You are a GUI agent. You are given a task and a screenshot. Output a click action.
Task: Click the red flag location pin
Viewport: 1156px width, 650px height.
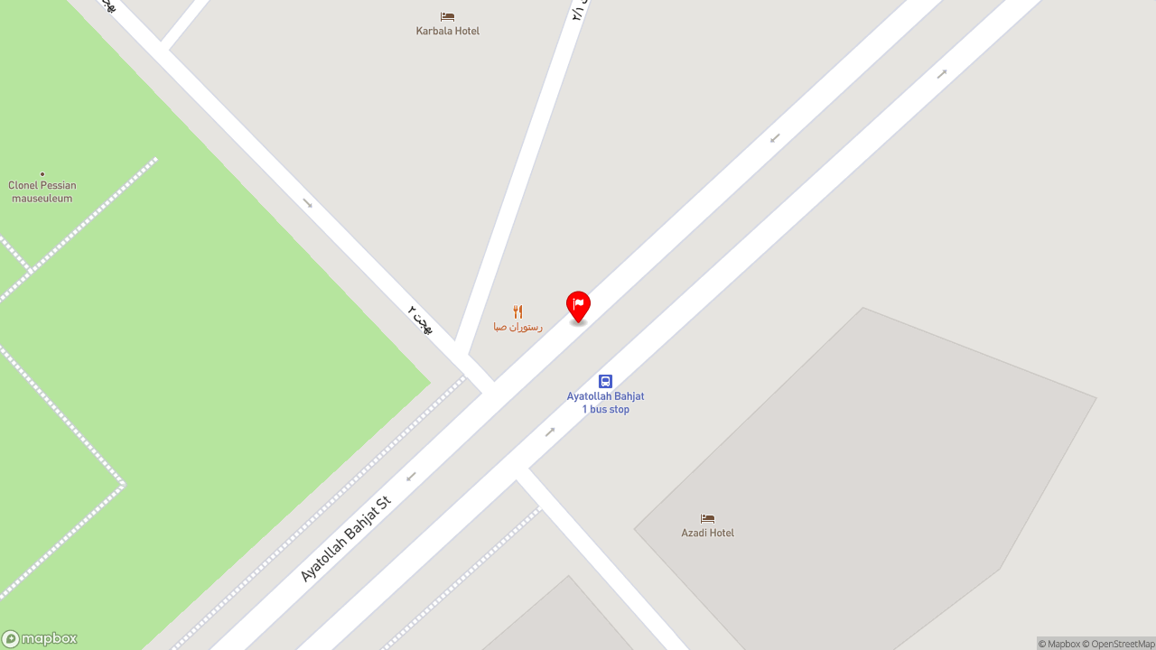pos(578,306)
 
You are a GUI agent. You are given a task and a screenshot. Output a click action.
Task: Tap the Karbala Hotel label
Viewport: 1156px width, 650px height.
pos(447,31)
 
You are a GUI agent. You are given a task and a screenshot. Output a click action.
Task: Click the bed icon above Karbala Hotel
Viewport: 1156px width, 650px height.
pos(447,16)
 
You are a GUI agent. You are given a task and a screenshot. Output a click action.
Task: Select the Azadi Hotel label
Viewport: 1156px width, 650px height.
pos(707,533)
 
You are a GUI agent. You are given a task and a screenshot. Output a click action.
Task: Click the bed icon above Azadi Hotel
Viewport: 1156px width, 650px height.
pos(707,518)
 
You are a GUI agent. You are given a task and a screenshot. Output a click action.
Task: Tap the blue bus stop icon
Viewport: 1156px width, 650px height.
pos(605,381)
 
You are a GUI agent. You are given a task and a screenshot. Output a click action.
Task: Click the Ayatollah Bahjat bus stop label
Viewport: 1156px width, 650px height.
pos(605,396)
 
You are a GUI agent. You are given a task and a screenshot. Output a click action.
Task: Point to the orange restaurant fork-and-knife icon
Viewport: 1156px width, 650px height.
pos(517,311)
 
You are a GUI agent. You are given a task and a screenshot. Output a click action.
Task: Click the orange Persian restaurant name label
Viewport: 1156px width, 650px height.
pos(517,327)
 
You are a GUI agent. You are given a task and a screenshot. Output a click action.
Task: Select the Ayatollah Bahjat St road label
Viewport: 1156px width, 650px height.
pos(345,539)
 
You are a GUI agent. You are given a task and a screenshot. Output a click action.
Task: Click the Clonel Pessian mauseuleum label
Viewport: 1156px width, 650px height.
pos(42,191)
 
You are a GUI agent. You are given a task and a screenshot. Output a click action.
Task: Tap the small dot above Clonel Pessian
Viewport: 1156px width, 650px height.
pos(42,174)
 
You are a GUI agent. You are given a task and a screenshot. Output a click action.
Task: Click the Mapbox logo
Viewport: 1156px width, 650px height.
pos(40,639)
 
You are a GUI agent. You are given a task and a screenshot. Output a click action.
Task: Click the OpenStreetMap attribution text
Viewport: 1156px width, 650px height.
pos(1122,644)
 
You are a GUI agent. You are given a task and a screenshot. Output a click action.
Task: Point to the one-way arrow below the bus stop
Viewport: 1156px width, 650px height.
pos(550,432)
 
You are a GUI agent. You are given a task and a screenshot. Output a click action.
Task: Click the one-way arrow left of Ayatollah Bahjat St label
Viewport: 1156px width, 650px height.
pos(411,477)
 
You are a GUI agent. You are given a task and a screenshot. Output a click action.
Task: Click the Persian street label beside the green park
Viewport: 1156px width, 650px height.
pos(420,320)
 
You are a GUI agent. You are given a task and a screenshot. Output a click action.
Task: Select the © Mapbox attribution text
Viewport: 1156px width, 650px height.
pos(1058,644)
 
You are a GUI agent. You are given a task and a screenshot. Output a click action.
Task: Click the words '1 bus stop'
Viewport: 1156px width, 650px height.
pos(605,410)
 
